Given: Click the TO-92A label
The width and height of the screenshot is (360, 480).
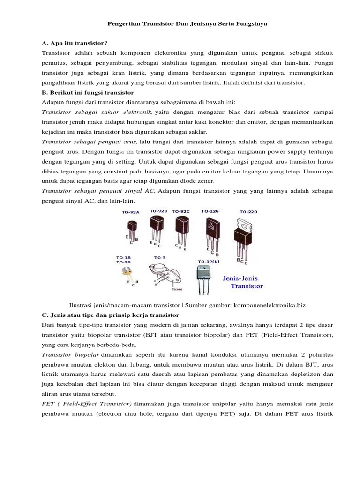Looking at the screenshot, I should point(131,212).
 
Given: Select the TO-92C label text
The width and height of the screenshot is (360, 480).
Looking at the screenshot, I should point(181,212).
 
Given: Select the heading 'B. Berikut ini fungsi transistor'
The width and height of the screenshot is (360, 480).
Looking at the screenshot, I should point(88,93).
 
